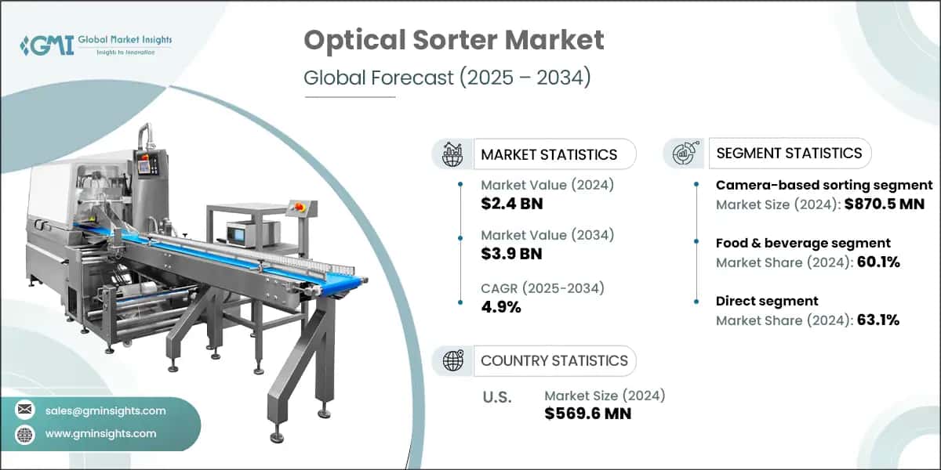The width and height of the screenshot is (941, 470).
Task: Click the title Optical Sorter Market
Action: pyautogui.click(x=454, y=41)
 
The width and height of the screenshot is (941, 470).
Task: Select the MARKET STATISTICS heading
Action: pyautogui.click(x=549, y=154)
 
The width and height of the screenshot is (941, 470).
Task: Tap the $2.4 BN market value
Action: pyautogui.click(x=512, y=204)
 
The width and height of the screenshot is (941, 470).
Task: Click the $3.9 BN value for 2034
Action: pyautogui.click(x=512, y=254)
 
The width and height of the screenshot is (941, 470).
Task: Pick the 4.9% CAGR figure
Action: pyautogui.click(x=501, y=306)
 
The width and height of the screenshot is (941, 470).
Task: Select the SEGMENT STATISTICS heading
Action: pyautogui.click(x=789, y=153)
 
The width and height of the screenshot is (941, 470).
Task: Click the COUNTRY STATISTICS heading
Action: pyautogui.click(x=554, y=360)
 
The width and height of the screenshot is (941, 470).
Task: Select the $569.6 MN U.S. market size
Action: pyautogui.click(x=587, y=414)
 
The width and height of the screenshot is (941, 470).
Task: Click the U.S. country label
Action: pyautogui.click(x=496, y=397)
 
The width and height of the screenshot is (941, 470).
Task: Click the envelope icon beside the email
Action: pyautogui.click(x=25, y=410)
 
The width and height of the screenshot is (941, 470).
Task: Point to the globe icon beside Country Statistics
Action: pyautogui.click(x=452, y=360)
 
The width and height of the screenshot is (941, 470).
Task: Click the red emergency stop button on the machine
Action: pyautogui.click(x=300, y=205)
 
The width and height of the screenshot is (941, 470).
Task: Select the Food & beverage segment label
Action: pyautogui.click(x=803, y=243)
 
